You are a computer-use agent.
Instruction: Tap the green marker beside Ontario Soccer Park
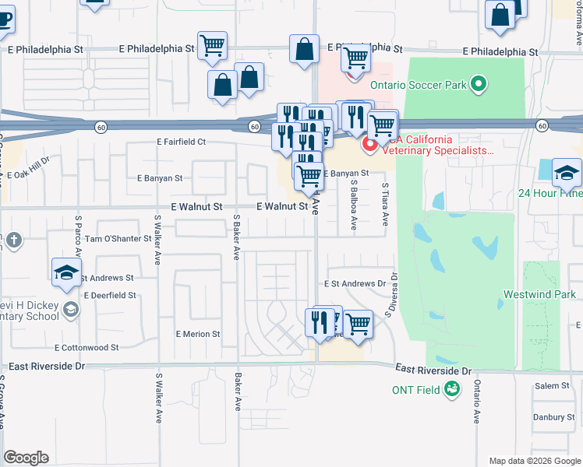[479, 83]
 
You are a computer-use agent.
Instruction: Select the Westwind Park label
[539, 294]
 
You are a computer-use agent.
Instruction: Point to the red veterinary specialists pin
[369, 145]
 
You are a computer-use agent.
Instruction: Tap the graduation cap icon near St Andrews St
[67, 272]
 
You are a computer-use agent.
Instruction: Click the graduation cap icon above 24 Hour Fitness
[567, 173]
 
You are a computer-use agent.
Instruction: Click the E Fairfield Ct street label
[181, 142]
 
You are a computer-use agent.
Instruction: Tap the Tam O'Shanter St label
[118, 238]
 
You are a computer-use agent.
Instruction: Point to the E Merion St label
[198, 334]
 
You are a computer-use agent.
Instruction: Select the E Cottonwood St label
[87, 348]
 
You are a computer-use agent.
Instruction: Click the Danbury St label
[553, 416]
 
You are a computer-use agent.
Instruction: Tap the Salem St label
[552, 386]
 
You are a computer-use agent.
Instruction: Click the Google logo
[26, 458]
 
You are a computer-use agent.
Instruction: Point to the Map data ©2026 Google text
[534, 461]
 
